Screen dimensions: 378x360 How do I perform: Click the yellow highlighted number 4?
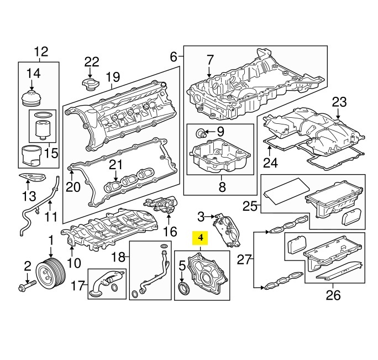[x=200, y=238]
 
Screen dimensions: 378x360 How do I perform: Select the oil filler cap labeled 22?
[x=90, y=85]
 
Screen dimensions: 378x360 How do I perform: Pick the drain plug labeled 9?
[x=201, y=133]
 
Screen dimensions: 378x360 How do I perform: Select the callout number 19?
[x=113, y=77]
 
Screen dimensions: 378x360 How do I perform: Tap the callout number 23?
[x=339, y=102]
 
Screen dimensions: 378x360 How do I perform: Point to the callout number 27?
[x=244, y=259]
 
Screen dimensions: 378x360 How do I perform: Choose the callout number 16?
[x=170, y=231]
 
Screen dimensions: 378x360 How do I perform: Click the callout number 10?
[x=74, y=263]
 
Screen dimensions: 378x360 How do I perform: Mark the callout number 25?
[x=250, y=206]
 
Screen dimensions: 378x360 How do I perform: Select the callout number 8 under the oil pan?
[x=222, y=186]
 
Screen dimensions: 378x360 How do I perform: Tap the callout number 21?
[x=116, y=165]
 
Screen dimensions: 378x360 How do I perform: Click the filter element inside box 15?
[x=42, y=129]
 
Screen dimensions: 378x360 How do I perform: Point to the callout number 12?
[x=41, y=51]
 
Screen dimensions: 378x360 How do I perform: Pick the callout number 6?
[x=174, y=57]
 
